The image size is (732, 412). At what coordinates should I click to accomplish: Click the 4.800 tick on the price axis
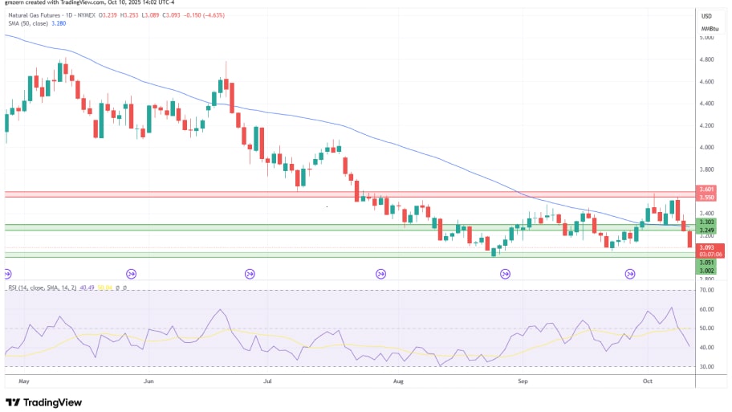pyautogui.click(x=706, y=59)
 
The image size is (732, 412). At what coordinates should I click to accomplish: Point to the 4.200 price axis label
pyautogui.click(x=706, y=125)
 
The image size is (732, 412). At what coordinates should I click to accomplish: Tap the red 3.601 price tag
pyautogui.click(x=707, y=190)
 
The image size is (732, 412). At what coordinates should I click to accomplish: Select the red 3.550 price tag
pyautogui.click(x=707, y=197)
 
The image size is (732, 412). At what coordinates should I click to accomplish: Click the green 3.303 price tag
pyautogui.click(x=707, y=222)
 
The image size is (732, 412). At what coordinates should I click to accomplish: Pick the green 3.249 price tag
pyautogui.click(x=707, y=230)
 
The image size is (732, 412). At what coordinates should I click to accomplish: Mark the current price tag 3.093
pyautogui.click(x=707, y=247)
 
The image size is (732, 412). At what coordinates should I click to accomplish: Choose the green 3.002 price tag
pyautogui.click(x=707, y=271)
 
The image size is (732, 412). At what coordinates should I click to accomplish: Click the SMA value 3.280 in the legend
pyautogui.click(x=59, y=23)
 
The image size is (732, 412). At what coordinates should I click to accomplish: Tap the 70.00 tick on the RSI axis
pyautogui.click(x=706, y=290)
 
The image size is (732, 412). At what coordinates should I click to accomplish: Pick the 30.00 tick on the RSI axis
pyautogui.click(x=706, y=366)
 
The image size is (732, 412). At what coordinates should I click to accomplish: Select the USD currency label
pyautogui.click(x=707, y=16)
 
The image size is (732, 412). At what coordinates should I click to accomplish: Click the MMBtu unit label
pyautogui.click(x=707, y=29)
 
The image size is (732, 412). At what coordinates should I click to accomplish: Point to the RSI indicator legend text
pyautogui.click(x=48, y=287)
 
